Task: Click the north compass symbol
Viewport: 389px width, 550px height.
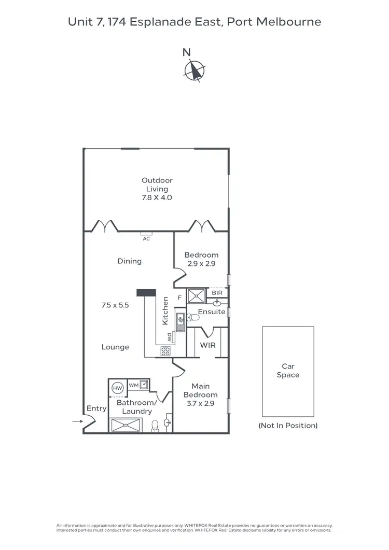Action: point(195,70)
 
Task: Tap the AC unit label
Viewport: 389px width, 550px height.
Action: point(146,238)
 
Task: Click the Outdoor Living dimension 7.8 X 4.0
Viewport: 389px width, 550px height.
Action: point(157,198)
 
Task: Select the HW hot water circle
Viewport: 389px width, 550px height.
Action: point(117,387)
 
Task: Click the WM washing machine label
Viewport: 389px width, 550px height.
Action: point(133,385)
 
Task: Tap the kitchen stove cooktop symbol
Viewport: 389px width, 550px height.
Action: point(166,351)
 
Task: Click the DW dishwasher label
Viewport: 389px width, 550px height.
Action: point(170,337)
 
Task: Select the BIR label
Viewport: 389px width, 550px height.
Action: point(217,293)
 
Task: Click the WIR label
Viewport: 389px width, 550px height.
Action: point(207,345)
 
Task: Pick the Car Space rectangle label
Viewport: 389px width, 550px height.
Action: point(288,371)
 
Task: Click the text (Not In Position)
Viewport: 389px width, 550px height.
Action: point(288,426)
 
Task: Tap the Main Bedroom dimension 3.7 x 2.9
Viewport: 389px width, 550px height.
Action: point(200,403)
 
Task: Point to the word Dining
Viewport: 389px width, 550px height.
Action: point(130,261)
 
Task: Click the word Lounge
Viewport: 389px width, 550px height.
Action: point(115,347)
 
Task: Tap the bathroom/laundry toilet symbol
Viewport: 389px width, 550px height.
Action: point(155,426)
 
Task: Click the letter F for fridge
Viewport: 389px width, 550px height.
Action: point(179,298)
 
